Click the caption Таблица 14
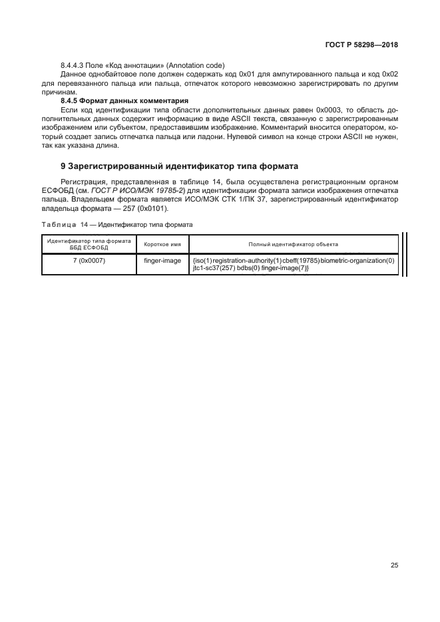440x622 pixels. [60, 224]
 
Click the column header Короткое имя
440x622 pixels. [162, 244]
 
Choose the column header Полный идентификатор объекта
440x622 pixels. [294, 244]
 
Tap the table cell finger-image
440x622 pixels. [162, 261]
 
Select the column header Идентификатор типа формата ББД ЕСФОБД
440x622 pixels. [89, 244]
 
